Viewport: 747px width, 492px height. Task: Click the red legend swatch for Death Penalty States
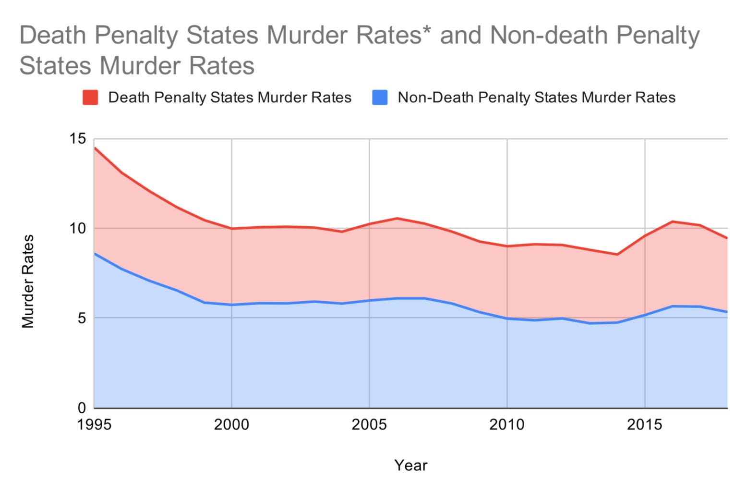coord(90,98)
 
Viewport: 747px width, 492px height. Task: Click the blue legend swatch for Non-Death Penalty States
coord(380,98)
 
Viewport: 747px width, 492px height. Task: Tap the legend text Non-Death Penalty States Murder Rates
coord(536,98)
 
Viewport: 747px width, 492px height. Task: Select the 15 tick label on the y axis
coord(77,139)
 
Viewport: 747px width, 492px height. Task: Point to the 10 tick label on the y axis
coord(77,228)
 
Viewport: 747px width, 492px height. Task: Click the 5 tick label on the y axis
coord(81,318)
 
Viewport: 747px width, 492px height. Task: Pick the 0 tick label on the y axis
coord(81,408)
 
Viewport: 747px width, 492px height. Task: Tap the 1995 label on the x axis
coord(94,425)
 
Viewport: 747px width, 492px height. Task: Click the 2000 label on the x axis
coord(232,425)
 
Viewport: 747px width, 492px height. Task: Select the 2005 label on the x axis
coord(370,425)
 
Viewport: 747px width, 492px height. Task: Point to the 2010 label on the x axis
coord(507,425)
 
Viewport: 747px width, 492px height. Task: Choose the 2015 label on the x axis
coord(645,425)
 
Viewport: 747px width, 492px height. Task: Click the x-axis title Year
coord(410,465)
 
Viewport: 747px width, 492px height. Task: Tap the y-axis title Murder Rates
coord(28,282)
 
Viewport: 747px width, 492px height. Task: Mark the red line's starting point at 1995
coord(95,148)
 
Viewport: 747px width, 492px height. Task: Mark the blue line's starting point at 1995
coord(95,253)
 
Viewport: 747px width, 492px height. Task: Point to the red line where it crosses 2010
coord(507,246)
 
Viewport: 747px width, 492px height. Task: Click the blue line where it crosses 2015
coord(645,315)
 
